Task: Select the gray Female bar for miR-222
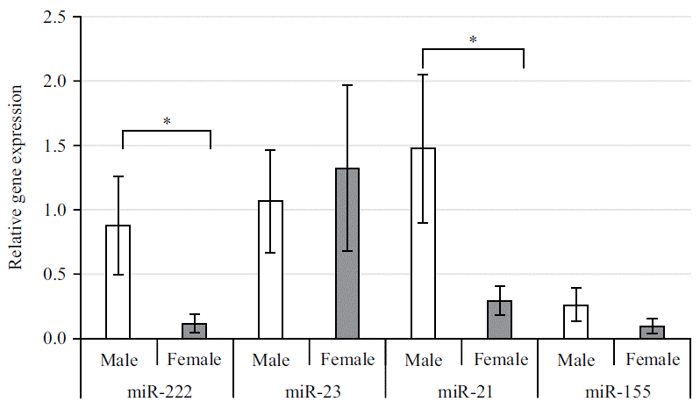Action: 195,331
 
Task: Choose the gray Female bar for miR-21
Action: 500,319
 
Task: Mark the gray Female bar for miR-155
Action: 653,332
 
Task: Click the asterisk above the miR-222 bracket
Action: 166,121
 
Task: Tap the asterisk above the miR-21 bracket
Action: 473,39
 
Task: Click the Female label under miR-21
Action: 500,359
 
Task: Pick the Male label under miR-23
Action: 271,359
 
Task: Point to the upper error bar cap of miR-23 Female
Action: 347,85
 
